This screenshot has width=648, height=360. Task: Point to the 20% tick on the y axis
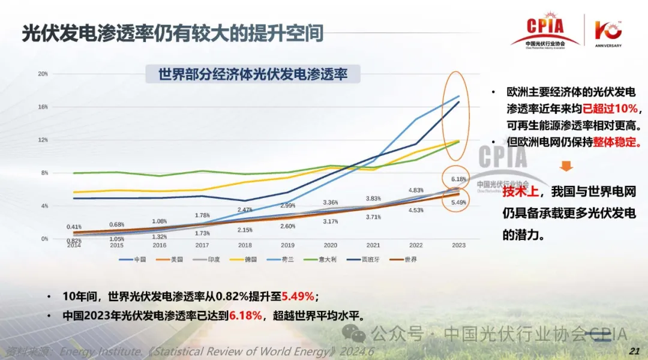click(x=43, y=74)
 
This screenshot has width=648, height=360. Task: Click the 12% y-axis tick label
click(x=43, y=140)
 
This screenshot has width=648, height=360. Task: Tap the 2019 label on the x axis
click(x=287, y=245)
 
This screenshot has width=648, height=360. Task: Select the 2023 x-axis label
click(x=458, y=245)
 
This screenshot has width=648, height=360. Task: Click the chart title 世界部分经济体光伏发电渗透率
click(x=253, y=75)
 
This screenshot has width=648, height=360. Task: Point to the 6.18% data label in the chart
click(x=458, y=179)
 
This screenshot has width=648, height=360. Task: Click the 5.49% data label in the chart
click(x=458, y=202)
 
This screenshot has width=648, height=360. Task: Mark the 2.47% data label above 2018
click(x=245, y=209)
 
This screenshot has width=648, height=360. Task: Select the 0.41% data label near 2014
click(x=74, y=227)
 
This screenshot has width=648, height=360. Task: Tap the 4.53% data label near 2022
click(x=416, y=210)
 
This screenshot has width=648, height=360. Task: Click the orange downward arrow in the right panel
click(x=567, y=166)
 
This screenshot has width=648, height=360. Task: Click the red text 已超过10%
click(x=610, y=109)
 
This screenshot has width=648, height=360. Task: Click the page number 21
click(x=632, y=350)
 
